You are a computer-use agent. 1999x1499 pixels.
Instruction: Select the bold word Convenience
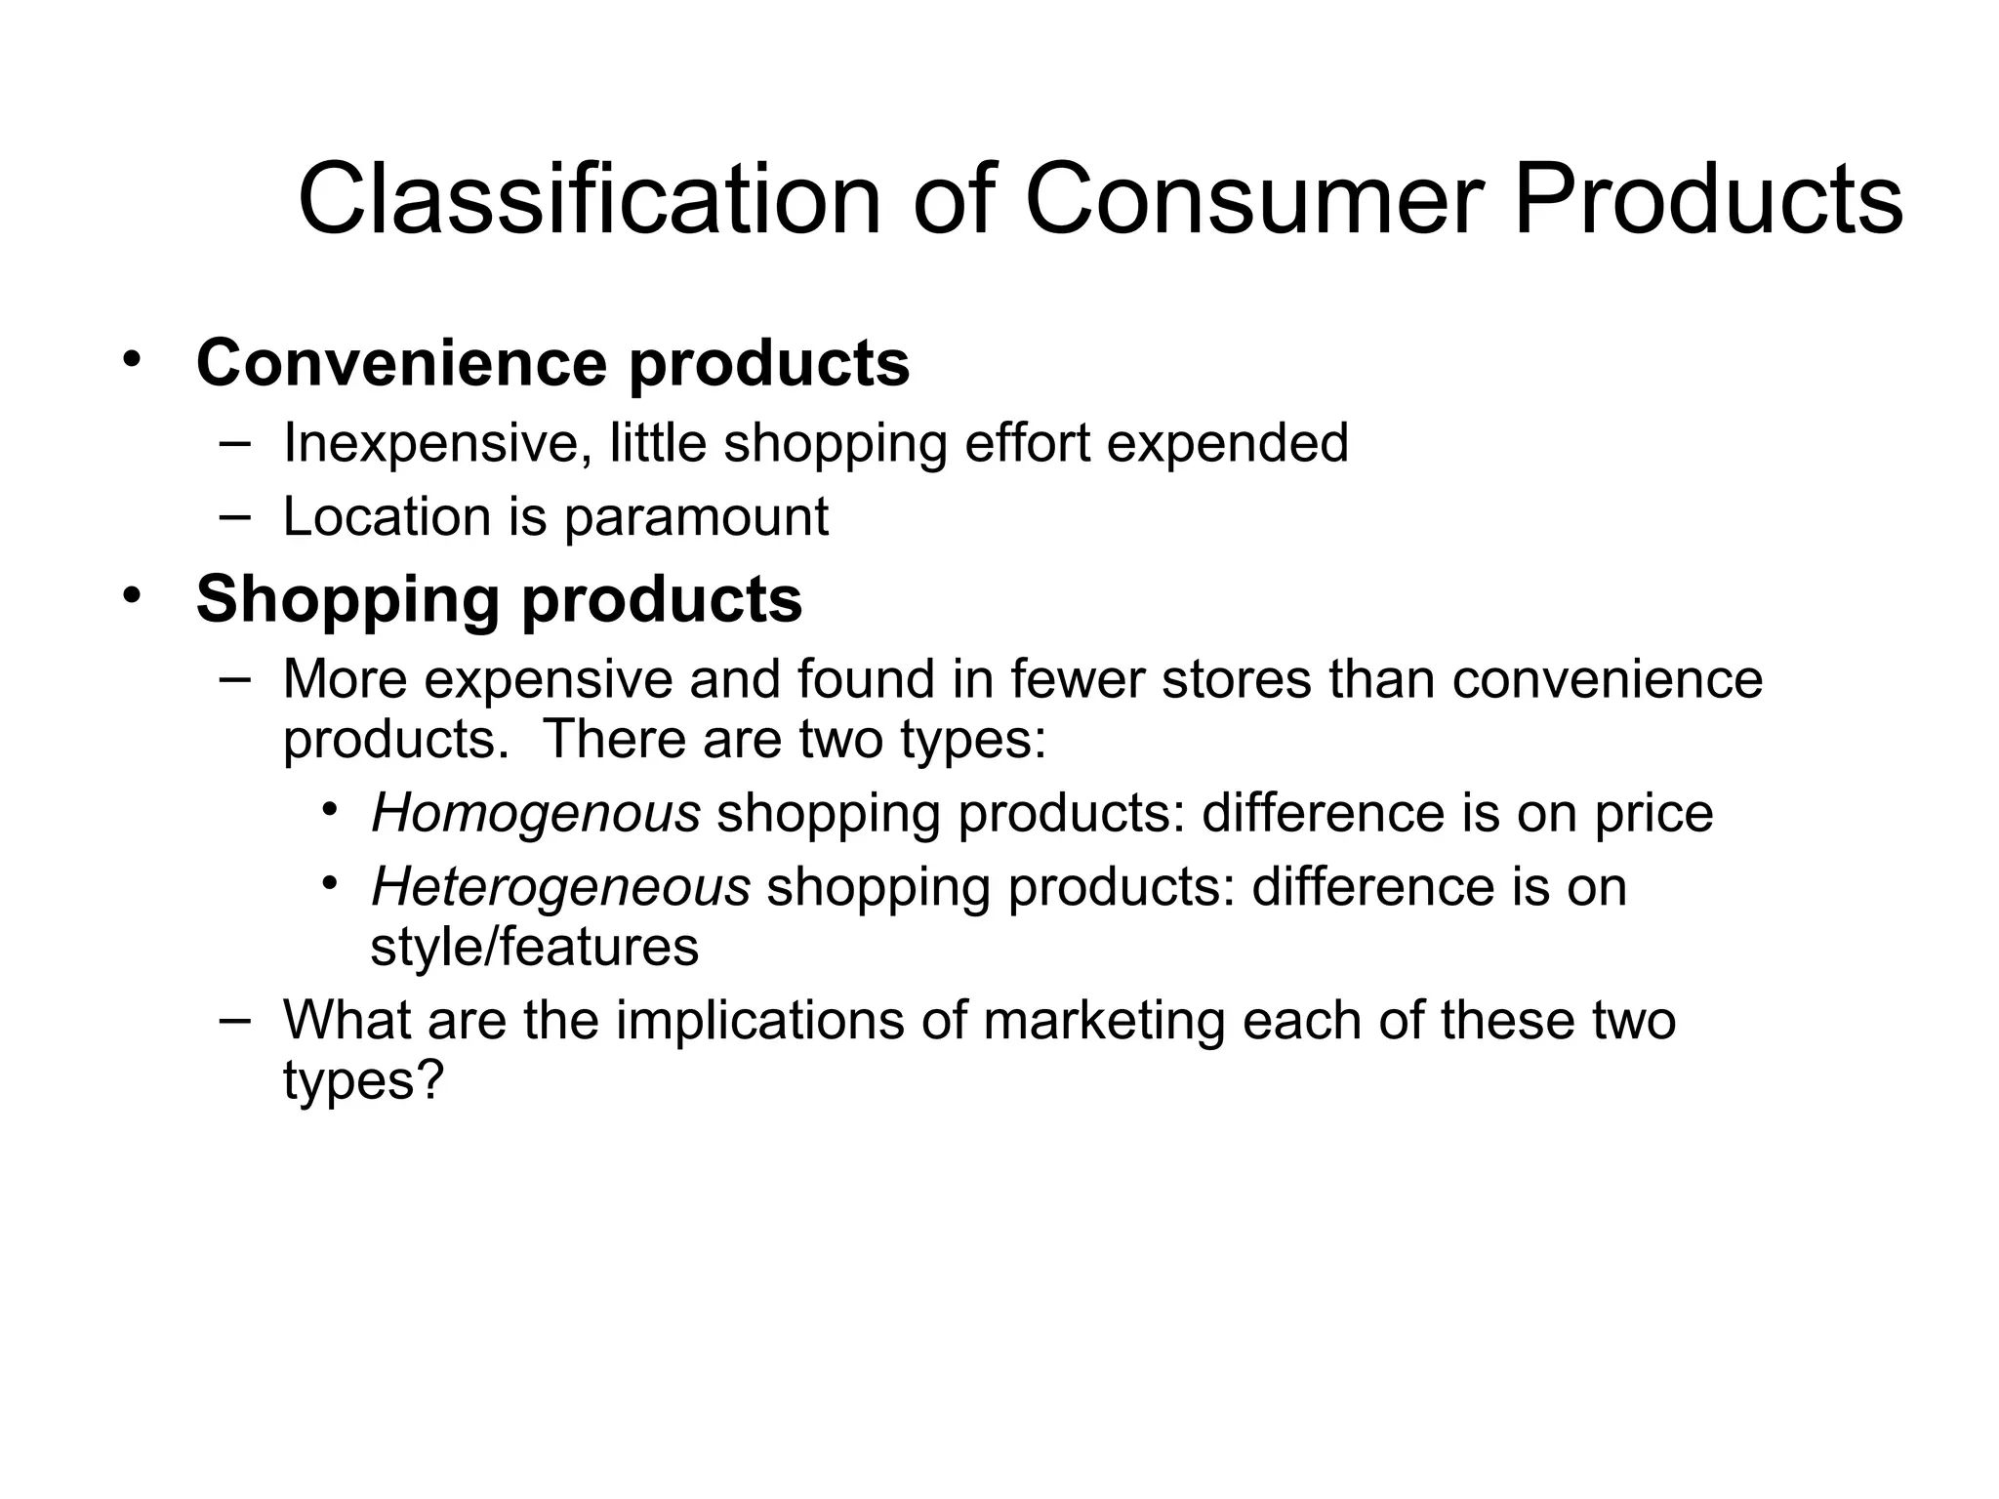click(401, 363)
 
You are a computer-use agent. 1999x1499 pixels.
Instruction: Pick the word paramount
click(696, 516)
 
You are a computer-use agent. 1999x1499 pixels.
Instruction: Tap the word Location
click(387, 516)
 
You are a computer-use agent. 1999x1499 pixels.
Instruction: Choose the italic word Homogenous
click(536, 813)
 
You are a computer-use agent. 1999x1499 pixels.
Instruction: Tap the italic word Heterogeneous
click(560, 887)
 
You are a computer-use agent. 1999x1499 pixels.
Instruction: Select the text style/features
click(535, 947)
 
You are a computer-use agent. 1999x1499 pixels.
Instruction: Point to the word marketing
click(1104, 1021)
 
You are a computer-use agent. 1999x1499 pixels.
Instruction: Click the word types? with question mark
click(363, 1080)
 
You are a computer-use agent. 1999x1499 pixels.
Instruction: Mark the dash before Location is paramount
click(234, 515)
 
